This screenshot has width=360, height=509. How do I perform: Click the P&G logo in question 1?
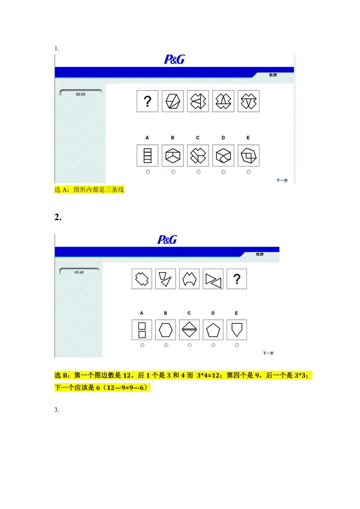click(x=174, y=59)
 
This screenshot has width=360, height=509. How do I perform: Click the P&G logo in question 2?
click(x=167, y=240)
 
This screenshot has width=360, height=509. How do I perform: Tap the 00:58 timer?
click(x=81, y=94)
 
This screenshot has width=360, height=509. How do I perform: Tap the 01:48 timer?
click(x=79, y=272)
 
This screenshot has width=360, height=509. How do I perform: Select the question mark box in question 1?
click(x=148, y=101)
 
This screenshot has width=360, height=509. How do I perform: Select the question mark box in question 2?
click(x=237, y=279)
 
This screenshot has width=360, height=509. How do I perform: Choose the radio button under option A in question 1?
click(x=148, y=172)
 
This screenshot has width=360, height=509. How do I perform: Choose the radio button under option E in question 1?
click(x=248, y=172)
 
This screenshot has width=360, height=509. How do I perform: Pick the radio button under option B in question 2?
click(x=166, y=345)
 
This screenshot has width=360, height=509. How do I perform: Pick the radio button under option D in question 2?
click(x=213, y=345)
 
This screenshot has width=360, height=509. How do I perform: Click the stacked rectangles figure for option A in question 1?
click(x=148, y=156)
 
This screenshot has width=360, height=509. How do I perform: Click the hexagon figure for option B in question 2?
click(x=166, y=330)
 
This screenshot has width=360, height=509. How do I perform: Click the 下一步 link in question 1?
click(x=282, y=181)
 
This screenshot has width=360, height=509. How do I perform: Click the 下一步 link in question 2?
click(x=268, y=353)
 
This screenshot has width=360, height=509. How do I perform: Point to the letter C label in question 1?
click(x=198, y=138)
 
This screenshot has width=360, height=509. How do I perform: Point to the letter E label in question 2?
click(x=236, y=313)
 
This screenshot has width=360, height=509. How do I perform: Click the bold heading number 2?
click(x=58, y=217)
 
